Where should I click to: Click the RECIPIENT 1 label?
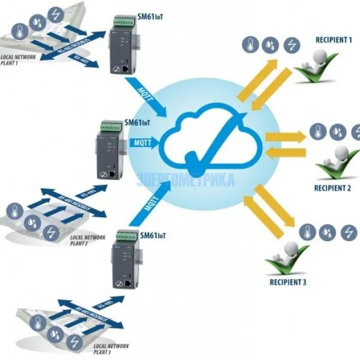[x=334, y=40]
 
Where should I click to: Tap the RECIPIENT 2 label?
[x=332, y=188]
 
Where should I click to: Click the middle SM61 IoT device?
[x=108, y=153]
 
